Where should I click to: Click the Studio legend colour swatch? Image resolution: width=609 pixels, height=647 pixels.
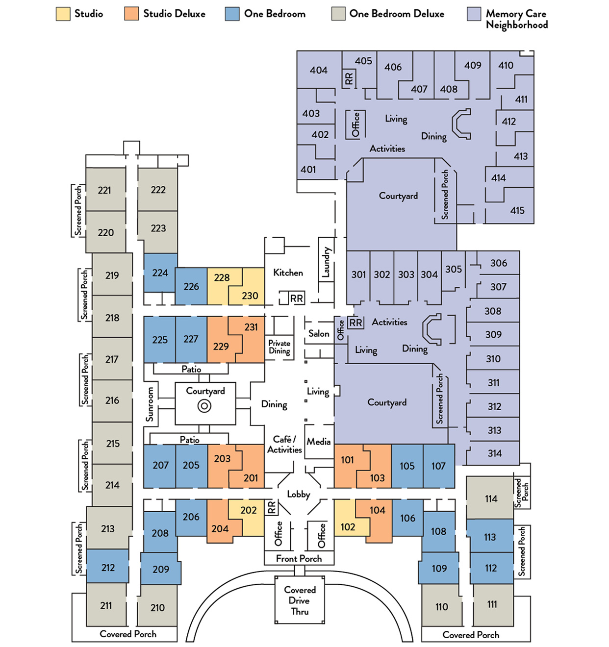63,14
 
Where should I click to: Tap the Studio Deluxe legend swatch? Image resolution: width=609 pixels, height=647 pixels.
131,14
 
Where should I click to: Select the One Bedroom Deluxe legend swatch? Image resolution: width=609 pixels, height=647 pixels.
338,14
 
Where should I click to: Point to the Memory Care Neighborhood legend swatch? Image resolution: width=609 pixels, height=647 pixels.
474,14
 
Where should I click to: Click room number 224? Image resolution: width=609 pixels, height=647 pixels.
160,273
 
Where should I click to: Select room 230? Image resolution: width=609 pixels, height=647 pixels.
250,296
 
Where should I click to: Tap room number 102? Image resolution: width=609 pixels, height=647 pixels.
348,527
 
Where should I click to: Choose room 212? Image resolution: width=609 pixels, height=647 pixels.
107,568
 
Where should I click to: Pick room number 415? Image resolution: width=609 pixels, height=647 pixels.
517,210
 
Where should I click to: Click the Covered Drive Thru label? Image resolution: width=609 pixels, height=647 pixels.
300,600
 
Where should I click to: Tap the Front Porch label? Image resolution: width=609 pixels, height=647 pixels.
299,558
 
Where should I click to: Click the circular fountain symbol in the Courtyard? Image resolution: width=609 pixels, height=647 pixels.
204,406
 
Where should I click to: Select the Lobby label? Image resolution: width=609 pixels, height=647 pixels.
298,494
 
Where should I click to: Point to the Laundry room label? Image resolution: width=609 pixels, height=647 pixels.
326,262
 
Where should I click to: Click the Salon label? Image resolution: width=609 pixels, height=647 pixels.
319,333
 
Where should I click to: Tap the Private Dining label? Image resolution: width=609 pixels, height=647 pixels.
279,347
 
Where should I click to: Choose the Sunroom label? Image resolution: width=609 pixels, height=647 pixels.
150,404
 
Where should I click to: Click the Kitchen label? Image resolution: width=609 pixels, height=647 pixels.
288,273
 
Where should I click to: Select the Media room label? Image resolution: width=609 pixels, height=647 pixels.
319,442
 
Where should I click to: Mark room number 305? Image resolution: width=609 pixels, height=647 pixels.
454,269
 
